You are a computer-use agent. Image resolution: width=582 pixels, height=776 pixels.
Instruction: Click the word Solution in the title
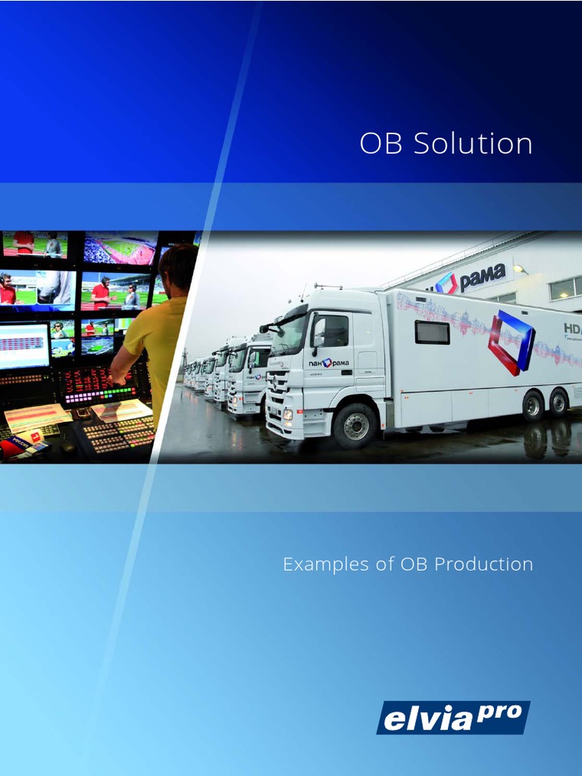[x=473, y=143]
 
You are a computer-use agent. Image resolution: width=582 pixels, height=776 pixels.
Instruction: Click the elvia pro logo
[x=452, y=717]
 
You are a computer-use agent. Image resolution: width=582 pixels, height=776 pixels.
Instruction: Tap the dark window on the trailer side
[x=432, y=332]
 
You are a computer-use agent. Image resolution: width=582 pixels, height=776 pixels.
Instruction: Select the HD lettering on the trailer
[x=572, y=329]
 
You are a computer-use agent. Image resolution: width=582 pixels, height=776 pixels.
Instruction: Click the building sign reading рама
[x=482, y=277]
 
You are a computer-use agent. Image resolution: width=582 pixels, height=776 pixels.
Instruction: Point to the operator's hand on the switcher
[x=116, y=377]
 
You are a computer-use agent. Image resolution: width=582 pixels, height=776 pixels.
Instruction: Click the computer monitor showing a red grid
[x=24, y=345]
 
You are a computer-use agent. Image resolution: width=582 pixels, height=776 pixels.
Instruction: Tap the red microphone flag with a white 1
[x=34, y=437]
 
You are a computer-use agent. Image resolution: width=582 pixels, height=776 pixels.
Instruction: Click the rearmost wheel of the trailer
[x=559, y=404]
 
